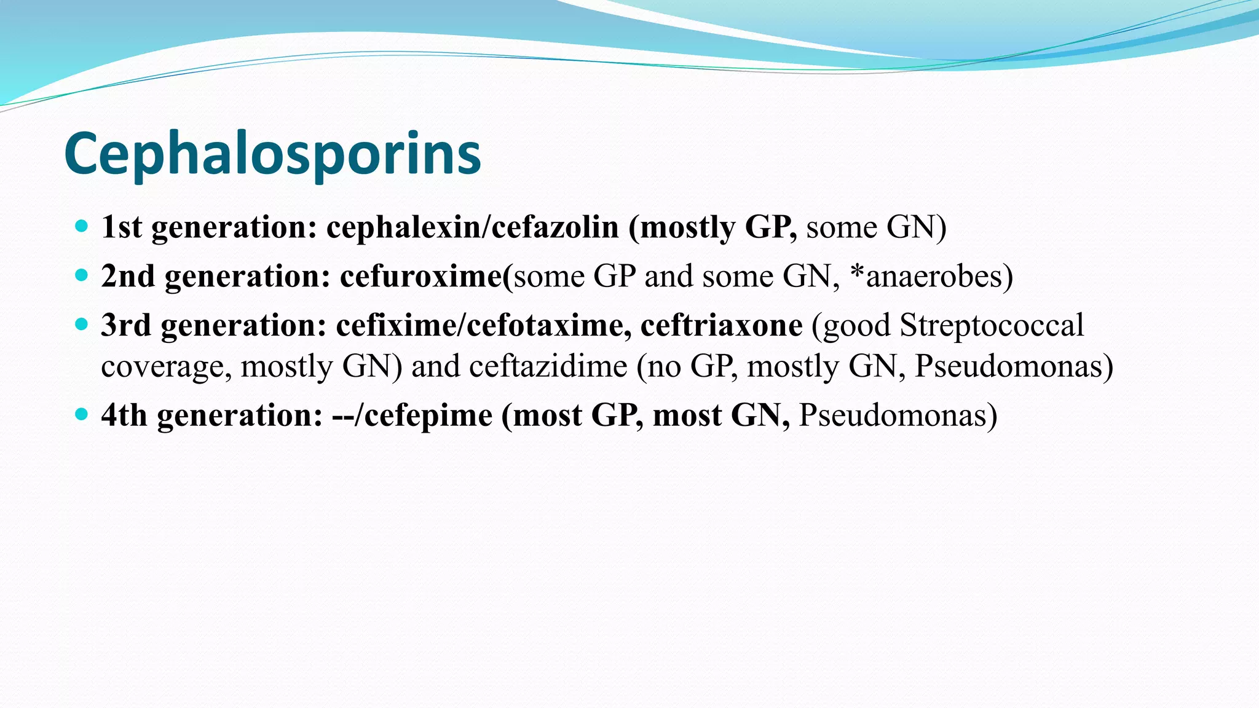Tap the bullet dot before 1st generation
[81, 226]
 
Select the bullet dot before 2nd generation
[81, 275]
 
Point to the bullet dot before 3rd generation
[81, 324]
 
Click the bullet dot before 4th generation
[81, 414]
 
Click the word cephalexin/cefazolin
[472, 227]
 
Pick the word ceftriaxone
[721, 325]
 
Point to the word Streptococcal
[992, 325]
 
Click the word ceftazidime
[548, 366]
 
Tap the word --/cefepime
[412, 415]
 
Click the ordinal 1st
[122, 227]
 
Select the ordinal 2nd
[128, 276]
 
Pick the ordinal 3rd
[126, 325]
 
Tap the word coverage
[166, 367]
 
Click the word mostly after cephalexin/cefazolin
[687, 227]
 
